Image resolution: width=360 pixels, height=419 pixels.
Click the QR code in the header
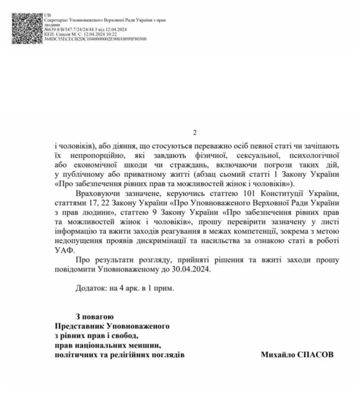click(x=27, y=29)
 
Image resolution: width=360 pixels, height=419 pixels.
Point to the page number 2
click(x=195, y=133)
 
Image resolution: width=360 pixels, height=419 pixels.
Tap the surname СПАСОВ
click(x=315, y=354)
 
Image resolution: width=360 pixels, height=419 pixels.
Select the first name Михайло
click(x=276, y=354)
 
